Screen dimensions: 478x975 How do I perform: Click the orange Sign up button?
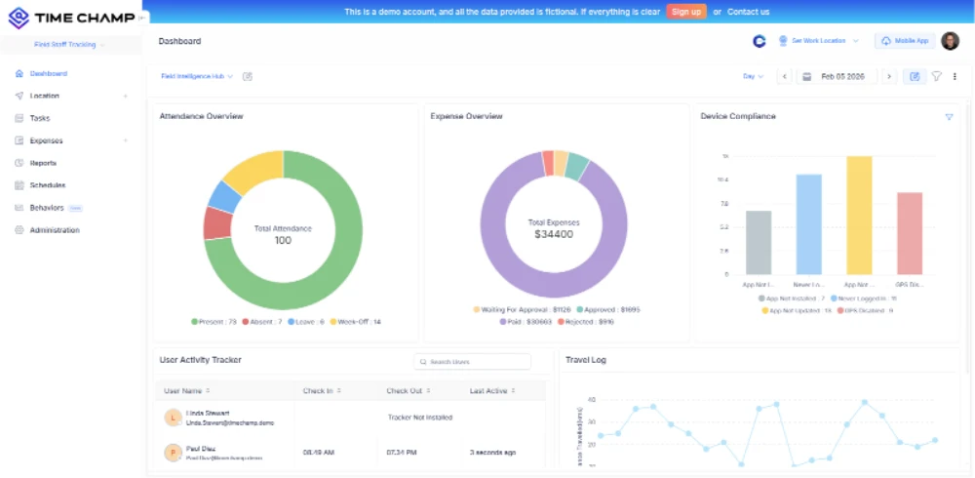tap(686, 12)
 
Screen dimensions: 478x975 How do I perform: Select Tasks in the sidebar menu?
tap(40, 118)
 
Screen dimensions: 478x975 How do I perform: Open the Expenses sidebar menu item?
tap(46, 140)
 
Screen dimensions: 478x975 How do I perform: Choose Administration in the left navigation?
tap(55, 230)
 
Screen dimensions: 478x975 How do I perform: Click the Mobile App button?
tap(904, 41)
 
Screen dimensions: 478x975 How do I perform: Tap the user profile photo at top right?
tap(950, 41)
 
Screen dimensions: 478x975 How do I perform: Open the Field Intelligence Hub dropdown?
tap(197, 76)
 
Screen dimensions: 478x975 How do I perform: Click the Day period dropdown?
tap(753, 76)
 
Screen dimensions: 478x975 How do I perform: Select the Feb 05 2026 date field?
tap(841, 76)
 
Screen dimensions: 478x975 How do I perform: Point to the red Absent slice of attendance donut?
tap(217, 223)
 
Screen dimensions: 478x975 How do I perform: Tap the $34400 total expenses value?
tap(553, 234)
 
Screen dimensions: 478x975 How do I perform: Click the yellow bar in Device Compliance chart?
tap(859, 215)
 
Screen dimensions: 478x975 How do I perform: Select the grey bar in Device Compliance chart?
tap(759, 242)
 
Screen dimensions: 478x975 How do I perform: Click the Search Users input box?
tap(473, 362)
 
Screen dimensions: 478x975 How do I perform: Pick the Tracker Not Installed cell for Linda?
tap(419, 418)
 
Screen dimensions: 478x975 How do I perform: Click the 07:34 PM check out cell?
tap(401, 453)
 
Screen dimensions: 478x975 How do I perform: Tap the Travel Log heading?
tap(585, 360)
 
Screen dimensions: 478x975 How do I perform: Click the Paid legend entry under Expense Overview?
tap(526, 320)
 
